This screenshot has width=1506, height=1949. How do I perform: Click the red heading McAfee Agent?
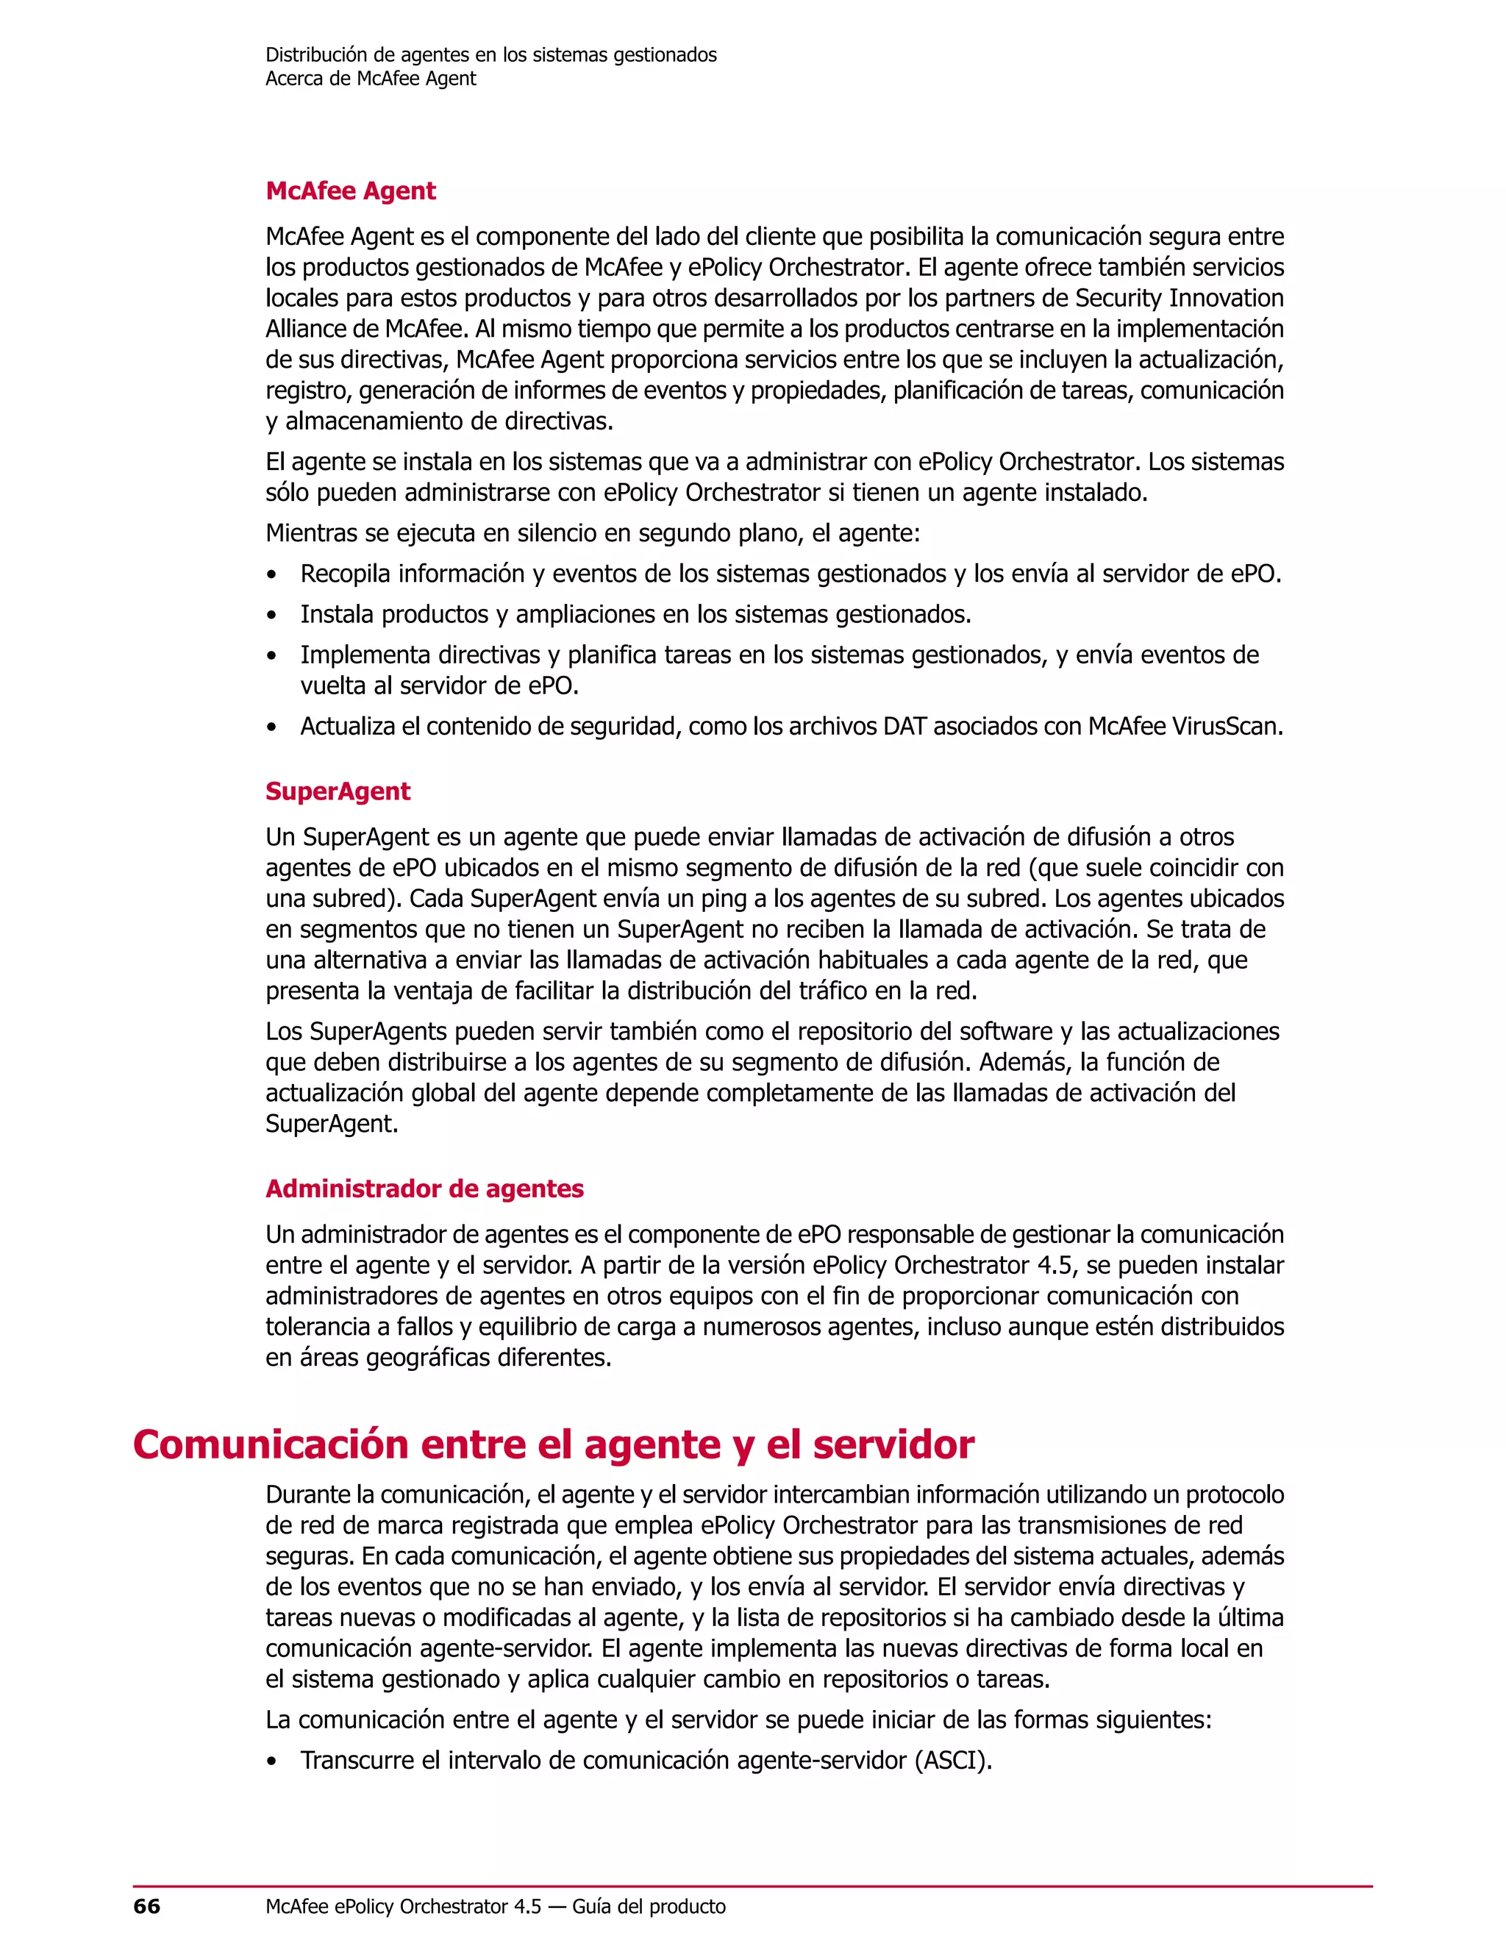[351, 191]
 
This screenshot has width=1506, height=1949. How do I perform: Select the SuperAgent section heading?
[338, 791]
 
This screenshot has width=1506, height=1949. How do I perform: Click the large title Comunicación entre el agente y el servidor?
[553, 1444]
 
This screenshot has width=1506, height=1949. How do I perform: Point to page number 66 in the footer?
[146, 1907]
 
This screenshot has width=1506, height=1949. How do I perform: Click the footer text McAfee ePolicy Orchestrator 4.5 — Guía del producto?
[495, 1907]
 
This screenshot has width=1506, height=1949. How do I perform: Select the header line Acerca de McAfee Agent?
[371, 79]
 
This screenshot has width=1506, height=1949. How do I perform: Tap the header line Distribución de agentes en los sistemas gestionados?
[490, 55]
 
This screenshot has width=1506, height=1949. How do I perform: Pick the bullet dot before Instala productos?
[272, 616]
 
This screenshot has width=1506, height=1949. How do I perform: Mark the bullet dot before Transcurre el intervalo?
[272, 1762]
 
